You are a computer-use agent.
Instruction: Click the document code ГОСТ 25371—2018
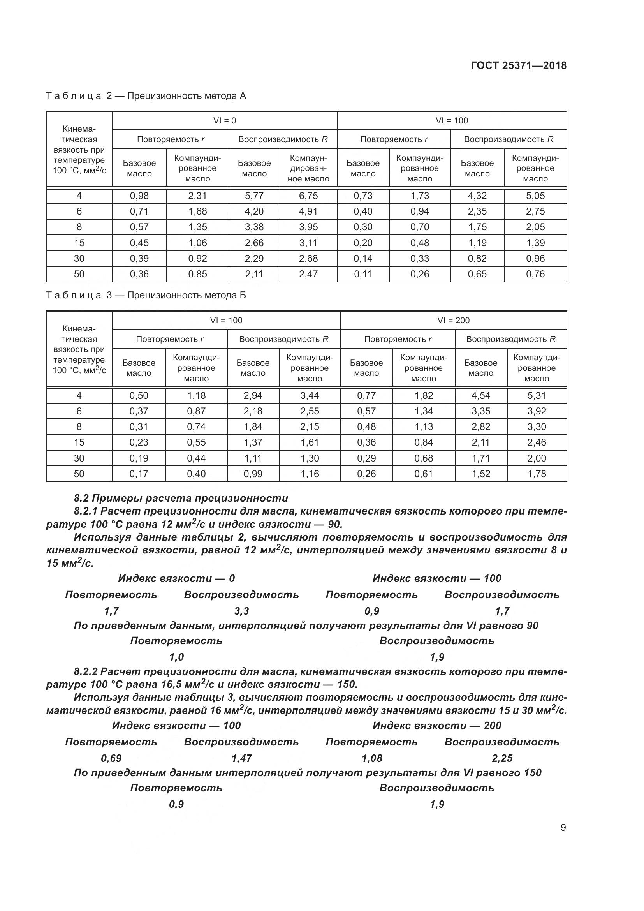coord(518,65)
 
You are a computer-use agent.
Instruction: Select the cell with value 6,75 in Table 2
coord(308,196)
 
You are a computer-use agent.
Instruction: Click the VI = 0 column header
coord(224,121)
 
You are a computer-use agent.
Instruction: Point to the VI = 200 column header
coord(453,321)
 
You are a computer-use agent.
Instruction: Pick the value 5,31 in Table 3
coord(537,396)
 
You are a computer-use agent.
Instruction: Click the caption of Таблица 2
coord(146,96)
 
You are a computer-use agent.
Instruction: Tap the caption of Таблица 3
coord(146,295)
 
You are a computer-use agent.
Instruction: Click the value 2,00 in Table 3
coord(537,458)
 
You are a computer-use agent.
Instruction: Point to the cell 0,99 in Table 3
coord(253,474)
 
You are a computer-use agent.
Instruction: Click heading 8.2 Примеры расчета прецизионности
coord(181,499)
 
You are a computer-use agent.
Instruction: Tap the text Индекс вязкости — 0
coord(176,578)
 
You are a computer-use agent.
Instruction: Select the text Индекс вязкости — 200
coord(436,726)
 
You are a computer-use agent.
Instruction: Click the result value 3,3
coord(241,611)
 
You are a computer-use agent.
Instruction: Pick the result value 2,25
coord(502,759)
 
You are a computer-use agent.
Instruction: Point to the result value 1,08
coord(371,759)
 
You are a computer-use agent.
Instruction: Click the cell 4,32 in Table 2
coord(477,196)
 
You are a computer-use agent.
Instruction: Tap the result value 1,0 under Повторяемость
coord(176,657)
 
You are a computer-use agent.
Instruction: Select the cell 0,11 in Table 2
coord(363,274)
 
